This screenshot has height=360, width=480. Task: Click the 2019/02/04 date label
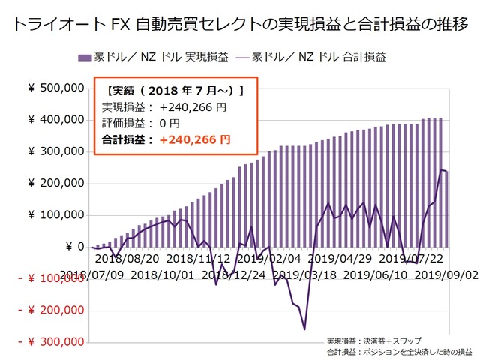click(x=274, y=259)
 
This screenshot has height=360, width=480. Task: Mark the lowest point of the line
click(x=304, y=329)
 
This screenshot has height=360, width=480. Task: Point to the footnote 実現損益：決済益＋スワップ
click(x=373, y=340)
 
